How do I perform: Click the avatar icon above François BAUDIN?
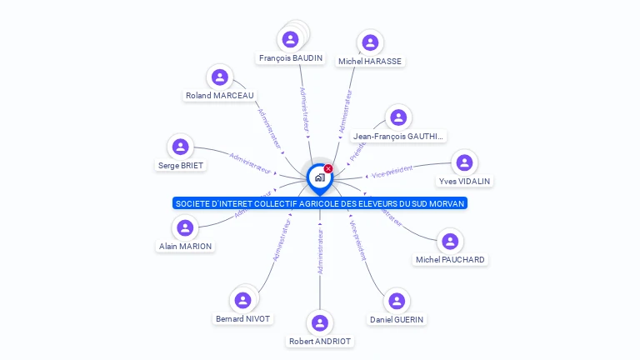click(x=290, y=39)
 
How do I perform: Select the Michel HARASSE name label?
click(x=369, y=62)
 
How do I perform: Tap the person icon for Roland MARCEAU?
click(x=220, y=77)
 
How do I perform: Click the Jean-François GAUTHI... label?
click(x=398, y=137)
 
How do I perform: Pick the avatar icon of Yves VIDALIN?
click(x=464, y=162)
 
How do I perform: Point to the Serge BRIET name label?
click(x=181, y=165)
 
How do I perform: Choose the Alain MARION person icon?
click(x=185, y=227)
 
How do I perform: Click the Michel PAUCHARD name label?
click(x=450, y=260)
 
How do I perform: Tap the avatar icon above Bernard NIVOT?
click(x=242, y=300)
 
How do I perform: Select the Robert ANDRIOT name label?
click(x=320, y=342)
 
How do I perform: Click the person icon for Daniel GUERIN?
click(x=397, y=301)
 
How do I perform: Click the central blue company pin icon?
click(x=319, y=177)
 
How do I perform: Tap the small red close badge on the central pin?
click(x=328, y=168)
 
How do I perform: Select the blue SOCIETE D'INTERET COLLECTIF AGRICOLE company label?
click(x=320, y=203)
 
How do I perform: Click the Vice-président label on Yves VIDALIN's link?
click(x=392, y=171)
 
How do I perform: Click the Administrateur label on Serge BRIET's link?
click(x=251, y=162)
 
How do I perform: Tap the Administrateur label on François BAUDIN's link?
click(x=304, y=109)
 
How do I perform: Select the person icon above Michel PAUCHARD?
click(x=450, y=242)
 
